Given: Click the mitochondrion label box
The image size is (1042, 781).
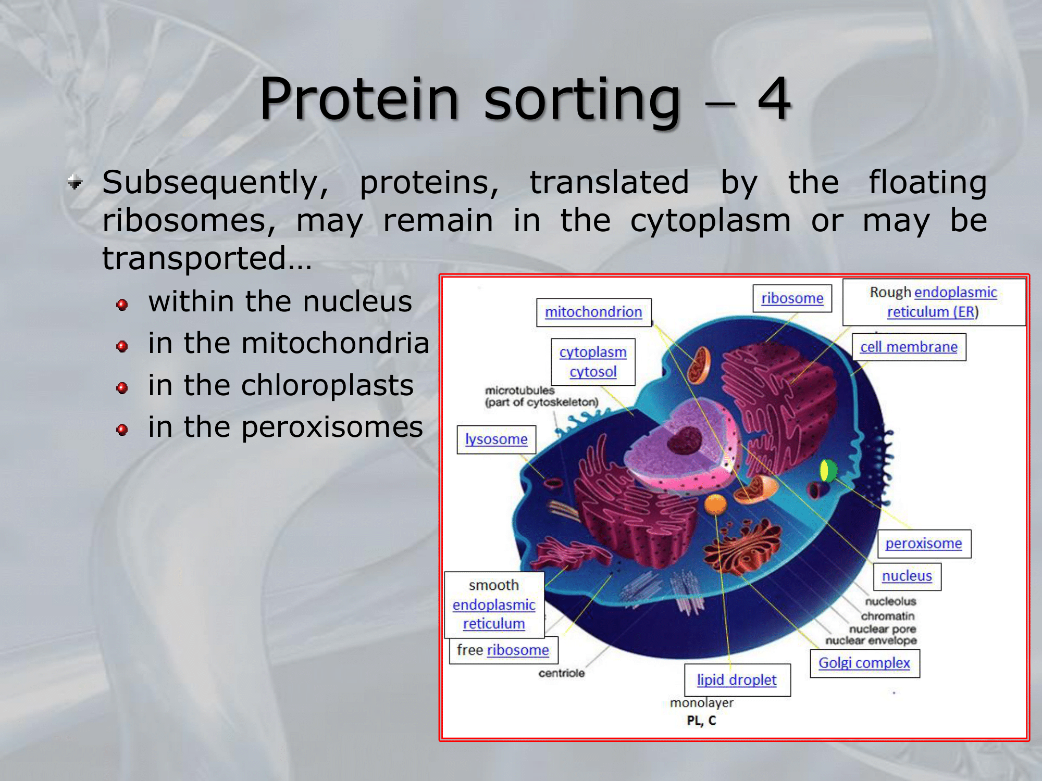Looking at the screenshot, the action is click(594, 312).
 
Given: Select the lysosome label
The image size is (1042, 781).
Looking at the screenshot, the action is click(497, 439).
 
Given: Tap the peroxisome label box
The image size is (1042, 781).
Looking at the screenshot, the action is click(924, 544).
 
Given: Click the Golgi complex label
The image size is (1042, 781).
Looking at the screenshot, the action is click(865, 663).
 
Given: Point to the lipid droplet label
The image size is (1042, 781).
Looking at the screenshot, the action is click(737, 680).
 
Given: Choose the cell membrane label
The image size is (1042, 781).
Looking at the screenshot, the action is click(909, 347).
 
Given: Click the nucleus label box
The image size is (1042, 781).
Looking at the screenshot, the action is click(908, 576).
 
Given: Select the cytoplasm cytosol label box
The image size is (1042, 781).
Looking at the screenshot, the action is click(593, 362).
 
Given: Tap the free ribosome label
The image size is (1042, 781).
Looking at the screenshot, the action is click(503, 650).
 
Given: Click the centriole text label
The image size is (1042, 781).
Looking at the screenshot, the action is click(562, 673).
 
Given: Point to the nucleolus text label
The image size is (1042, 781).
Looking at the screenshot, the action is click(890, 601).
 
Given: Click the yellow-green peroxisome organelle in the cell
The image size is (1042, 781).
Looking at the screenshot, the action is click(828, 471).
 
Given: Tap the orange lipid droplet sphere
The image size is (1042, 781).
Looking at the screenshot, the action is click(715, 504).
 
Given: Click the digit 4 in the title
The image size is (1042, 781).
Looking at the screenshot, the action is click(774, 98).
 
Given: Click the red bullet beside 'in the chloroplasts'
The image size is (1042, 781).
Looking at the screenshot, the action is click(122, 388).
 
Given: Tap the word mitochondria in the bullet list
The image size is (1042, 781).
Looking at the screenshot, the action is click(336, 343).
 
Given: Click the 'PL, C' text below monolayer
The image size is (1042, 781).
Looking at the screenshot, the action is click(702, 721).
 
